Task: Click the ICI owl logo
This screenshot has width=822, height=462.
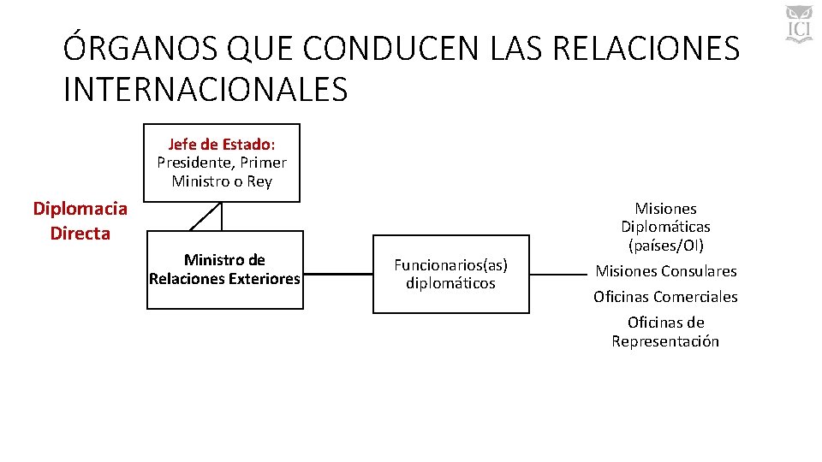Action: coord(798,23)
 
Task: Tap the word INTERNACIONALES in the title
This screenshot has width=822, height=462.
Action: coord(205,89)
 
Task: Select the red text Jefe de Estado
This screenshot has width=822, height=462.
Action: coord(221,143)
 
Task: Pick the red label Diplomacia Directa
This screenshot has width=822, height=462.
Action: coord(80,221)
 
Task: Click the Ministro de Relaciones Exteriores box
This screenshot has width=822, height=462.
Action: coord(224,269)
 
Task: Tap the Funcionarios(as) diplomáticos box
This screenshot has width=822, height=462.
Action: coord(450,274)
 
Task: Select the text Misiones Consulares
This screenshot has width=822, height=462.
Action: coord(665,271)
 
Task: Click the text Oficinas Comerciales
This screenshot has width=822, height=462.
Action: coord(665,297)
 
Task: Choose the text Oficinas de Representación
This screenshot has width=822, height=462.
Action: coord(665,332)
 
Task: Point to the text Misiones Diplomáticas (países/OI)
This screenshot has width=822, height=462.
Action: coord(665,227)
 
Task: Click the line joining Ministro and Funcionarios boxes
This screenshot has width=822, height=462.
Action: coord(337,275)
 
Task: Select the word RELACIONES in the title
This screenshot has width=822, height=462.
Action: coord(646,49)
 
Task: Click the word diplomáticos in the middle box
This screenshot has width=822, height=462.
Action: coord(450,283)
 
